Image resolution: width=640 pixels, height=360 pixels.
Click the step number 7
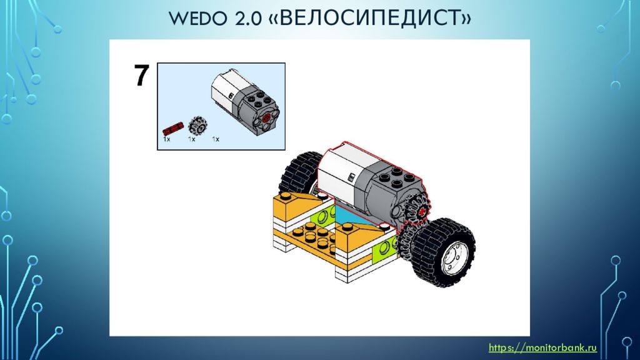(141, 76)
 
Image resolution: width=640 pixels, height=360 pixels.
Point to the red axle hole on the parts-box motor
(267, 117)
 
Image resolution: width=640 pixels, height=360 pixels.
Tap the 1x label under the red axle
(167, 139)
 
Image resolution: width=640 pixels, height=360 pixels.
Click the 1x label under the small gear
(192, 139)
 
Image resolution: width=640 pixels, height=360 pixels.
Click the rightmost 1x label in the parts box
(216, 139)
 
